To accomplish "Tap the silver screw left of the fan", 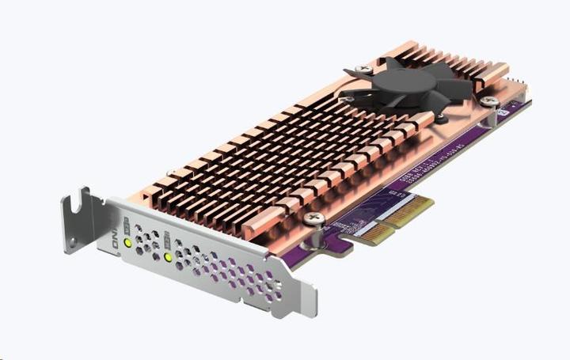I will click(362, 70).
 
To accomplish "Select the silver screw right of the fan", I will click(490, 101).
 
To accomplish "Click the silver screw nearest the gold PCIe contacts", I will click(314, 218).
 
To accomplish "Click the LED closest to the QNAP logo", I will click(127, 242).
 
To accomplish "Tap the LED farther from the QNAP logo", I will click(168, 256).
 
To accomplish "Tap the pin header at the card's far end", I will click(519, 85).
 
